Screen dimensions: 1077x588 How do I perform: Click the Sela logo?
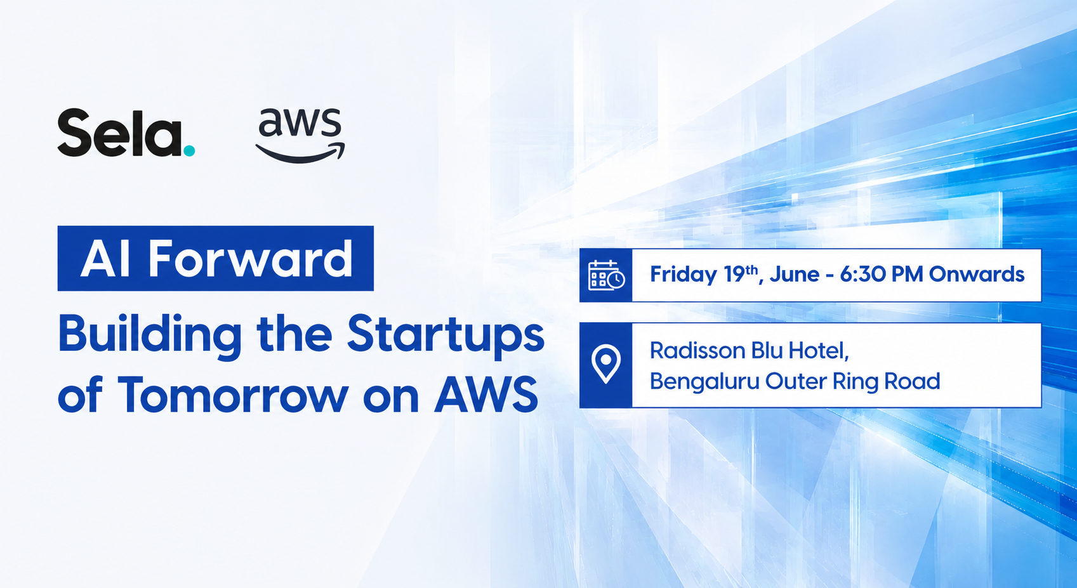click(126, 133)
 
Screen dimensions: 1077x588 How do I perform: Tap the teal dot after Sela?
click(189, 150)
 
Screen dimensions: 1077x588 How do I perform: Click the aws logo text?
click(300, 123)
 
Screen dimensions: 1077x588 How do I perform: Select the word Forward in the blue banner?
click(251, 259)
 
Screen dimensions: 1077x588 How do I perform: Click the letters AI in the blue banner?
click(105, 259)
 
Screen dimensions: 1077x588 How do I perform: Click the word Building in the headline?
click(150, 336)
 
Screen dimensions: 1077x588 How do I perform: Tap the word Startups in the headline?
click(446, 336)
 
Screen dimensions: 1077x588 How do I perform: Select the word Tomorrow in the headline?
click(232, 395)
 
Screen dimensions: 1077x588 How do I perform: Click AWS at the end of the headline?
click(486, 395)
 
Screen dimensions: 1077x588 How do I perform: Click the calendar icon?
click(606, 275)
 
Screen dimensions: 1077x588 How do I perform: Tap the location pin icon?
click(606, 363)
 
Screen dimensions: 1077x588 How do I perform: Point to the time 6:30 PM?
click(882, 274)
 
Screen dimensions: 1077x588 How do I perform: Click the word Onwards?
click(977, 274)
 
